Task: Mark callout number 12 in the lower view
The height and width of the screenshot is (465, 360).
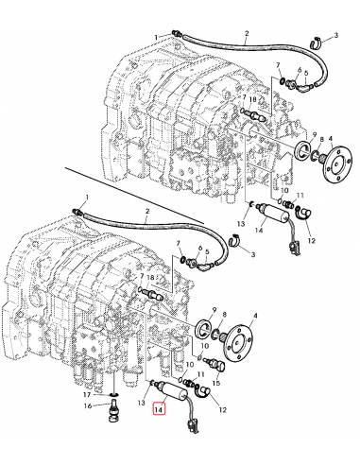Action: [x=223, y=409]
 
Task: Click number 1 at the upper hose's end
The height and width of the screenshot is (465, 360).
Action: [x=156, y=37]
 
